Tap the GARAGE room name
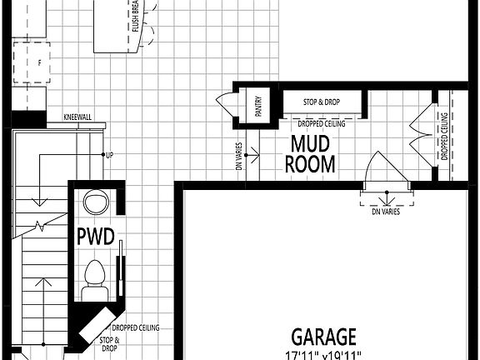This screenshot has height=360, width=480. coord(324,337)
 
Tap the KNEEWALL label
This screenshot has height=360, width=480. coord(77,117)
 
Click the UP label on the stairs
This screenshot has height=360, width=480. coord(109,155)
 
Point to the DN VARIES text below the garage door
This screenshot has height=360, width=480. coord(386,212)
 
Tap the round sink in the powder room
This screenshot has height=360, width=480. coord(97,202)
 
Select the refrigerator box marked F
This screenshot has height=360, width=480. coord(38,62)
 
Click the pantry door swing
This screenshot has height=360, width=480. coord(226,105)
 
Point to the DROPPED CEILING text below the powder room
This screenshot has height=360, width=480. coord(137,327)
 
